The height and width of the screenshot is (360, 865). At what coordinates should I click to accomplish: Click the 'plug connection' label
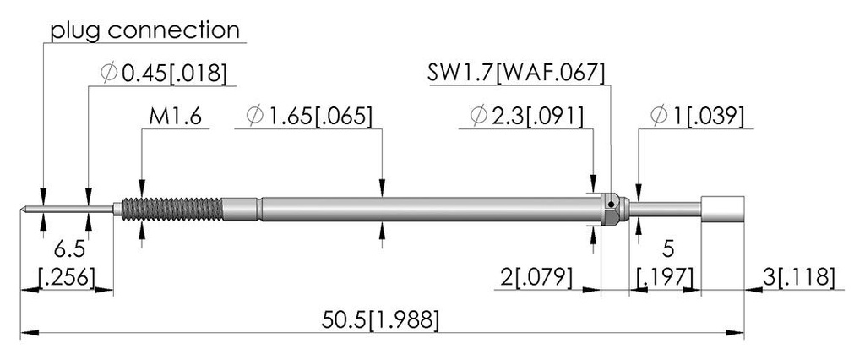[x=145, y=30]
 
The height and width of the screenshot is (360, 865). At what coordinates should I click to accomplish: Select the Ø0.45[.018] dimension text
[x=164, y=74]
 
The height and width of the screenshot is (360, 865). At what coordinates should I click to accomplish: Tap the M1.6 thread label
[x=176, y=117]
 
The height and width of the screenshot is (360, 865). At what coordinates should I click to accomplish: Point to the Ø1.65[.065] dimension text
[x=310, y=117]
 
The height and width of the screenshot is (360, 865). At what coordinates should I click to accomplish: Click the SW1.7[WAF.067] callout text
[x=516, y=73]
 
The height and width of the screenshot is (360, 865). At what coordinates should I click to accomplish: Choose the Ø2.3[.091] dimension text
[x=527, y=117]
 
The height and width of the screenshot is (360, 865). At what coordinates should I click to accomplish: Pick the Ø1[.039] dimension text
[x=697, y=117]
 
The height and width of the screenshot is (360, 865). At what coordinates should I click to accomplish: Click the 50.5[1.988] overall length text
[x=381, y=320]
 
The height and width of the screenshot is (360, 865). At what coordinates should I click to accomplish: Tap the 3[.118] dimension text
[x=797, y=277]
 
